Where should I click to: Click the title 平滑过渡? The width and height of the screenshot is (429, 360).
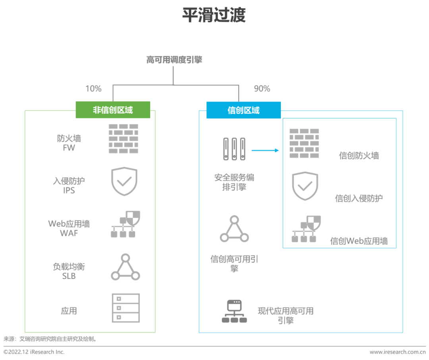click(x=214, y=16)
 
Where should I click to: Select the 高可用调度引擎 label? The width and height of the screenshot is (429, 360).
click(x=174, y=60)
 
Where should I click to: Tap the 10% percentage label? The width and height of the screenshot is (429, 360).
click(x=93, y=89)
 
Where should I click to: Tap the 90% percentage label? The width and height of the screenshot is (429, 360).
click(x=262, y=89)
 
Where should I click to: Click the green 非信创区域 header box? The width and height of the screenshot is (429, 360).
click(x=113, y=110)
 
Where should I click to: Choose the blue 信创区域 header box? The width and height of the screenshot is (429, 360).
click(x=243, y=110)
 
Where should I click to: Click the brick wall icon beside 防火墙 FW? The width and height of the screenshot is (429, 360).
click(x=124, y=139)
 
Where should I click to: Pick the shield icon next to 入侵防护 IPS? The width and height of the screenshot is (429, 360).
click(x=124, y=182)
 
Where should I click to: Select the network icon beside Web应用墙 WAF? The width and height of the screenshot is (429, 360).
click(x=125, y=225)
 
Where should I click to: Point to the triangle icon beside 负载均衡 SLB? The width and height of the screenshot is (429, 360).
click(x=125, y=267)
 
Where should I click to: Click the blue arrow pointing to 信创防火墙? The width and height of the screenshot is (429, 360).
click(x=265, y=150)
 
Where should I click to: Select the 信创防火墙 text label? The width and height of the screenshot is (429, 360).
click(x=359, y=156)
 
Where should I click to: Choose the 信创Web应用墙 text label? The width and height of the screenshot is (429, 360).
click(x=359, y=241)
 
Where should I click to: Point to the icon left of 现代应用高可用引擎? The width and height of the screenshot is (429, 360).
click(x=234, y=312)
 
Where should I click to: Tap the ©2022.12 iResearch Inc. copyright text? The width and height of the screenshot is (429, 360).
click(x=34, y=352)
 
